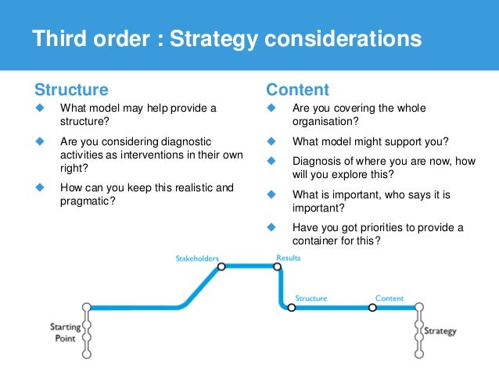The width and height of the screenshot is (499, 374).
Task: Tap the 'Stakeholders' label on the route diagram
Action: (197, 258)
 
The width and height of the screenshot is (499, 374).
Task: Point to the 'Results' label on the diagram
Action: (288, 257)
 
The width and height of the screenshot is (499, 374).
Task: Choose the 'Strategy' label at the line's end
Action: (440, 331)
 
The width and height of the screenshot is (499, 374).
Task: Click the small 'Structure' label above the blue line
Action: (311, 298)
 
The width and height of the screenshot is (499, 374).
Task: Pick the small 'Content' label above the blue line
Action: (390, 298)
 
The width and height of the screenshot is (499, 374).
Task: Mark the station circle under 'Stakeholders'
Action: (221, 266)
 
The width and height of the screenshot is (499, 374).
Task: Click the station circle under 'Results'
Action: (277, 266)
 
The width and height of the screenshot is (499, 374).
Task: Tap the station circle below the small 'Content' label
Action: (372, 308)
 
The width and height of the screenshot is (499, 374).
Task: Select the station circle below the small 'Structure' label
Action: (292, 308)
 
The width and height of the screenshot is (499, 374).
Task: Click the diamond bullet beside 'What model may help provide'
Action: (38, 108)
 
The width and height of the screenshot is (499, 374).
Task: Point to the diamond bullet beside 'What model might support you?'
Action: (272, 142)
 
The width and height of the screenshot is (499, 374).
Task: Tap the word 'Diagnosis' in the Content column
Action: (316, 162)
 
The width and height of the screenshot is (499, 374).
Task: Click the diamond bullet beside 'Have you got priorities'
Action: (272, 227)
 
